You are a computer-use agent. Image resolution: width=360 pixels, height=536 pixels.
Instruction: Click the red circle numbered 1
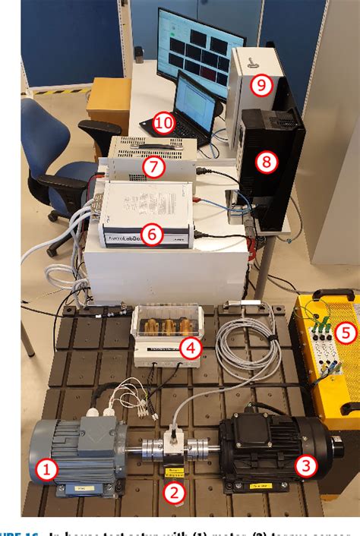click(46, 471)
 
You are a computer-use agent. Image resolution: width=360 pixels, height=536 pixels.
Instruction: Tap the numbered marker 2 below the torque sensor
click(176, 493)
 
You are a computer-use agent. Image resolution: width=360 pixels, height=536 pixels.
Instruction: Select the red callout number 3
click(305, 465)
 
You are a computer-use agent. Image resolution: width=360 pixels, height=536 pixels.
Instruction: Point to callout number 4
click(190, 350)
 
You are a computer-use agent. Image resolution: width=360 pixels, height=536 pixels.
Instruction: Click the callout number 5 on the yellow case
click(346, 332)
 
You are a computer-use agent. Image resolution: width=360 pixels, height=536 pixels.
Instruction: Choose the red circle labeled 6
click(153, 235)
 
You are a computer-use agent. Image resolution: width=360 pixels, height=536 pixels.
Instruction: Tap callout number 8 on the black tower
click(266, 161)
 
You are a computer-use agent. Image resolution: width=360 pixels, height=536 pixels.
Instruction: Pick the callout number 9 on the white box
click(261, 85)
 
